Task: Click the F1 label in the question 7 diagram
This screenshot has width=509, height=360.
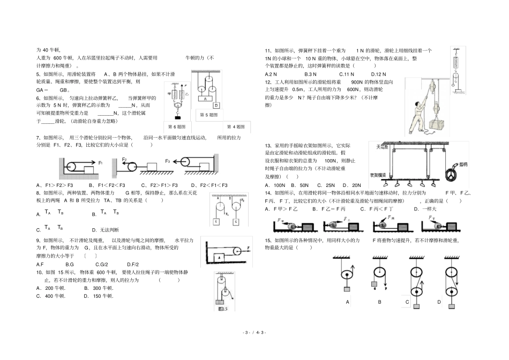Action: coord(100,161)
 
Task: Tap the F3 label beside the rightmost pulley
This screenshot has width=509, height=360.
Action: coord(168,161)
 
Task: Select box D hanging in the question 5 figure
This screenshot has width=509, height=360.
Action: coord(216,106)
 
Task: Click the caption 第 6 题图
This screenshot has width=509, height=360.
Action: coord(177,127)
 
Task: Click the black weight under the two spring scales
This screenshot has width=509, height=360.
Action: coord(177,117)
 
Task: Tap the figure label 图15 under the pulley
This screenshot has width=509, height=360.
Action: coord(220,309)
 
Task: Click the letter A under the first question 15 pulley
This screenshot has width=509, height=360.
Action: coord(348,302)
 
